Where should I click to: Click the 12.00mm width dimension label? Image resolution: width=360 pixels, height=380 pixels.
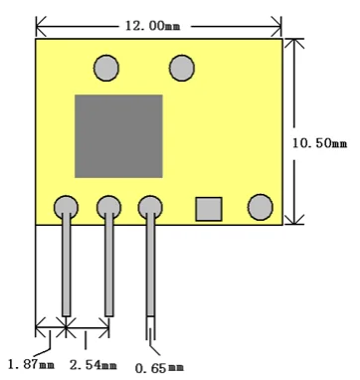click(x=153, y=26)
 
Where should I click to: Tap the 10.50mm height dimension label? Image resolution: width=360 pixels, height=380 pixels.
click(x=319, y=143)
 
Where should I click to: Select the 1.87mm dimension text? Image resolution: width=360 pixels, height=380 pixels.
click(x=31, y=365)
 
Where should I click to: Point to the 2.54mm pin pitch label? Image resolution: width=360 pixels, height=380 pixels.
click(x=93, y=365)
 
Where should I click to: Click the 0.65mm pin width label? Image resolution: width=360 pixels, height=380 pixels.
click(x=159, y=368)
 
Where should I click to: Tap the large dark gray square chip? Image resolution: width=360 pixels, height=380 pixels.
click(x=118, y=136)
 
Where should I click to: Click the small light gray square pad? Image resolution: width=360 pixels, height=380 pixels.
click(x=209, y=209)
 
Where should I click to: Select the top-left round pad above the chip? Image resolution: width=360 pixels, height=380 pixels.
click(x=106, y=68)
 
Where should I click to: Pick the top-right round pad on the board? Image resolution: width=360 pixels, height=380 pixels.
click(x=182, y=68)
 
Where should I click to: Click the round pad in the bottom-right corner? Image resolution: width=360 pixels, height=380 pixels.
click(x=261, y=207)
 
